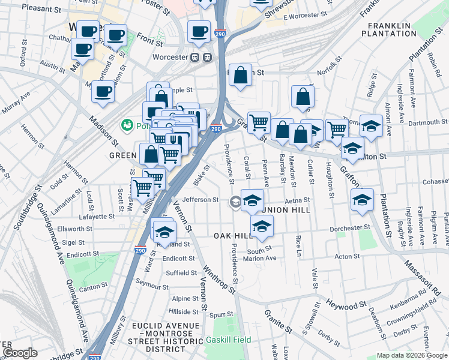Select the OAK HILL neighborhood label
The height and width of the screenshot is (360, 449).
pos(233,236)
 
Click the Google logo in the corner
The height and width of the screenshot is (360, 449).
pos(20,353)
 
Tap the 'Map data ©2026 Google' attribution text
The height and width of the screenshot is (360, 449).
pos(411,355)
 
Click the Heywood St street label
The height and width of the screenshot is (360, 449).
pos(343,305)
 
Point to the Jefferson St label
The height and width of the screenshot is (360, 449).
pos(201,200)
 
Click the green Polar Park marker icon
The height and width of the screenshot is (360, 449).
pos(127,125)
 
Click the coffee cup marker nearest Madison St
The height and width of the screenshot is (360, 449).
pos(103,92)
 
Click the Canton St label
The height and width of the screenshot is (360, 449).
pos(89,287)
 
